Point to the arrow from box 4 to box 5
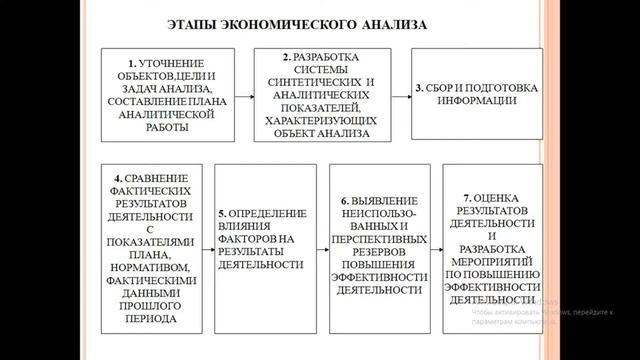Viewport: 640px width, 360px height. (207, 247)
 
